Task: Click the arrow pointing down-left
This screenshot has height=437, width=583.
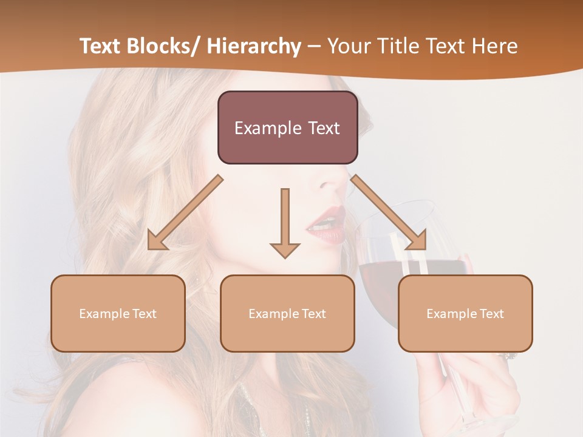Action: pos(185,212)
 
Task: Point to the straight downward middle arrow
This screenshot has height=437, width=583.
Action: pos(285,218)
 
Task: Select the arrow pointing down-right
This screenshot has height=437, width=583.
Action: pos(389,212)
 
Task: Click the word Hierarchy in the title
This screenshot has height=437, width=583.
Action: pos(253,46)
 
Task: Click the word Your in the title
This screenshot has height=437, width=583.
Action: pos(347,46)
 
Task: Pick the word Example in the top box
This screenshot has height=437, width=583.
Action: pos(267,128)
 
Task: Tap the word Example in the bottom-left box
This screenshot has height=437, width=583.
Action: pos(100,314)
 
